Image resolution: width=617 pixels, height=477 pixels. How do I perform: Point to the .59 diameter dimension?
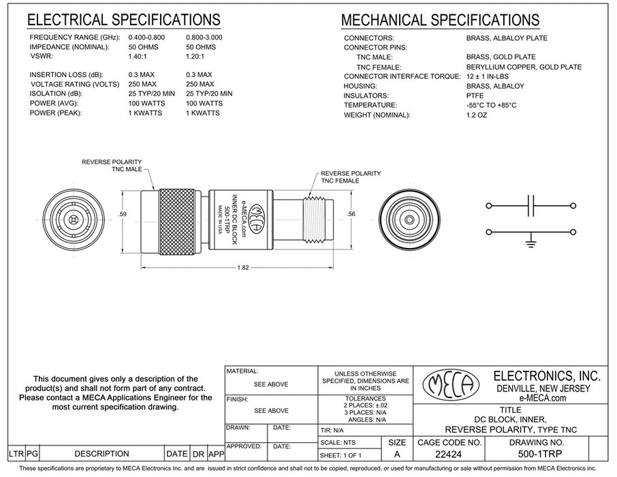point(123,215)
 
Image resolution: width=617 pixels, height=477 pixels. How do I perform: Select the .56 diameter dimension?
point(351,215)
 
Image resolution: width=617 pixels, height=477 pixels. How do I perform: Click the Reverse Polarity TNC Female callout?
point(350,177)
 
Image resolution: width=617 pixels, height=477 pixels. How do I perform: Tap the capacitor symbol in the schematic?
point(532,204)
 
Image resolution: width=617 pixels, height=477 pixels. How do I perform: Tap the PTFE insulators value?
point(475,96)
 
